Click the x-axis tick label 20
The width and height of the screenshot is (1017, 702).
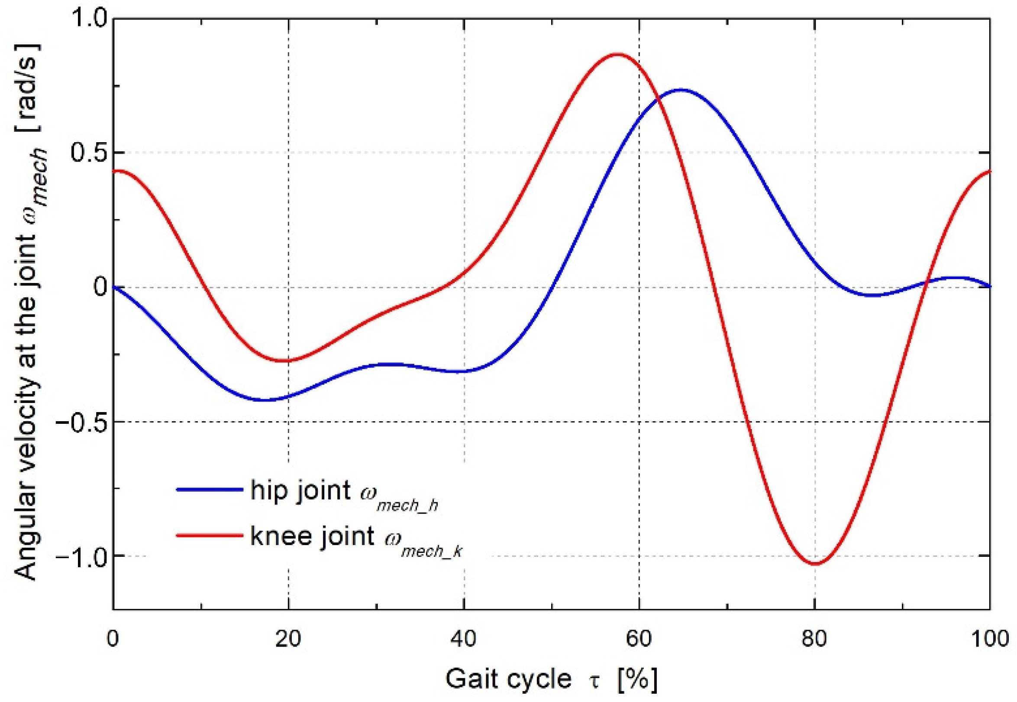[x=288, y=638]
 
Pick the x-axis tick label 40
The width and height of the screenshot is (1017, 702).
[x=464, y=638]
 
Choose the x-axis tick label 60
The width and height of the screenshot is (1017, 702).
[x=639, y=638]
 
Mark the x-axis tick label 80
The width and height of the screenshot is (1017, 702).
[x=814, y=638]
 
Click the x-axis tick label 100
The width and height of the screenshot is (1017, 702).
[x=989, y=638]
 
